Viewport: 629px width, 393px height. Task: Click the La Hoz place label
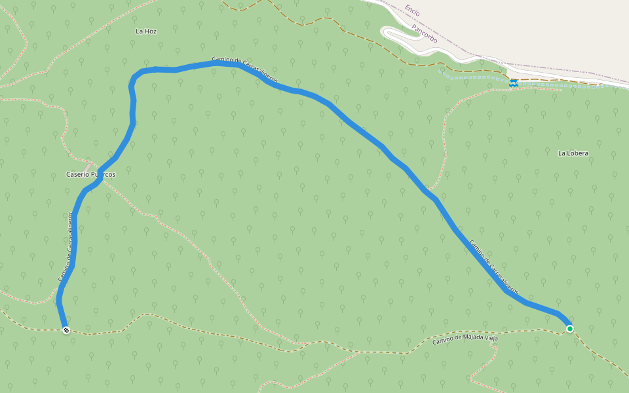click(146, 31)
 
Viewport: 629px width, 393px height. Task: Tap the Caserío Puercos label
click(91, 175)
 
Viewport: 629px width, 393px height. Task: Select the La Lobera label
click(573, 153)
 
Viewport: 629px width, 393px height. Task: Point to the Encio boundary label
click(412, 10)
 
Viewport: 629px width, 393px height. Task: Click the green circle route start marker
click(570, 329)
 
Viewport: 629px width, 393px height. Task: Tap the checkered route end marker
click(66, 330)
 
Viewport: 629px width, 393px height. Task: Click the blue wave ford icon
click(514, 83)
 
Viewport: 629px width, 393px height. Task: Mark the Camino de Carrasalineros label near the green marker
click(493, 267)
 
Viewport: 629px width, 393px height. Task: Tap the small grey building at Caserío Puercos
click(88, 160)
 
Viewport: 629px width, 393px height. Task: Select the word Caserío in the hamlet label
click(77, 175)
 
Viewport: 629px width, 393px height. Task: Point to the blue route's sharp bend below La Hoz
click(133, 79)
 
